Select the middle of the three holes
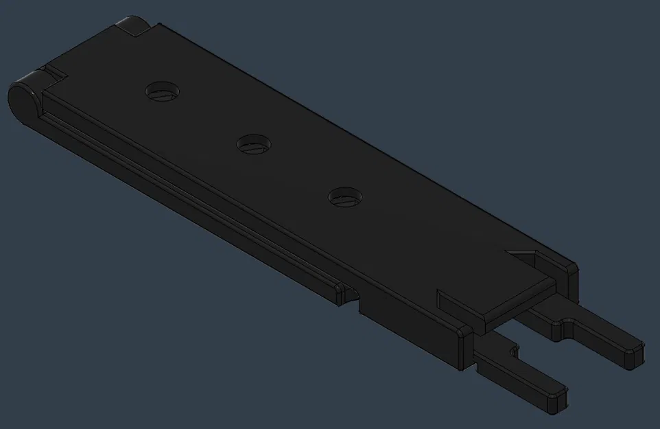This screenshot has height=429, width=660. [253, 144]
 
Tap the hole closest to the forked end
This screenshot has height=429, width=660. [344, 197]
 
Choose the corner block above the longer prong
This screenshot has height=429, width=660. [570, 272]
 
